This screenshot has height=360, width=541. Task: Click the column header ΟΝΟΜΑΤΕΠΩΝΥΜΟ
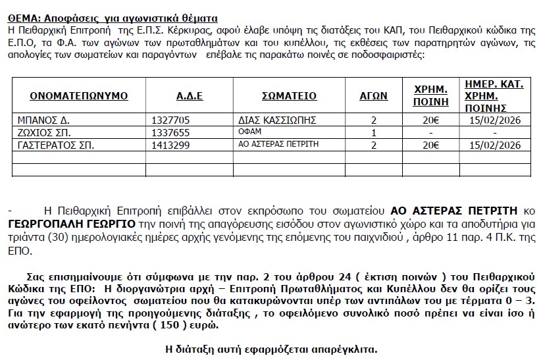pyautogui.click(x=78, y=96)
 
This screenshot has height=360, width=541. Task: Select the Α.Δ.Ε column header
pyautogui.click(x=190, y=96)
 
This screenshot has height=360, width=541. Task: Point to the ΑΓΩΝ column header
pyautogui.click(x=373, y=96)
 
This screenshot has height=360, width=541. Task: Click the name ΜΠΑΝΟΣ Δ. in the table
pyautogui.click(x=43, y=120)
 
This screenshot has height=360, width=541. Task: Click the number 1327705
pyautogui.click(x=170, y=120)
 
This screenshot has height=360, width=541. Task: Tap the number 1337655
pyautogui.click(x=170, y=132)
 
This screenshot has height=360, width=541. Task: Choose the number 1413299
pyautogui.click(x=170, y=144)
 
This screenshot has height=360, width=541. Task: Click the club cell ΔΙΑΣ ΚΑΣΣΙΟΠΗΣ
pyautogui.click(x=278, y=120)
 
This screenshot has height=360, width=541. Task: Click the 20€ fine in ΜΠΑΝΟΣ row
pyautogui.click(x=430, y=120)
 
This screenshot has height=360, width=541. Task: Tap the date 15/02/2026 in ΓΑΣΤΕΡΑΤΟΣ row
pyautogui.click(x=494, y=144)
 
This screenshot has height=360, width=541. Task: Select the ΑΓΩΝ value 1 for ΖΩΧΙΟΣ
pyautogui.click(x=374, y=132)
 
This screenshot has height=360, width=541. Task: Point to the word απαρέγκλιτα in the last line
pyautogui.click(x=348, y=348)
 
